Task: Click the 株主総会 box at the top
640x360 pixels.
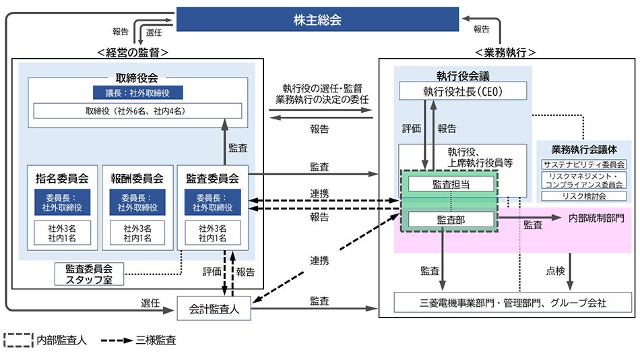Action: click(317, 20)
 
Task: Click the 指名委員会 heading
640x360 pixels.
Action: click(62, 179)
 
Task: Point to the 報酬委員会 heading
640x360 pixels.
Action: click(137, 179)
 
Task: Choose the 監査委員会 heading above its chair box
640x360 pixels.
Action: click(212, 179)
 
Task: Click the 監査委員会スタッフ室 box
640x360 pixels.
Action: click(90, 273)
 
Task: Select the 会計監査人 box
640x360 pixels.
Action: click(213, 309)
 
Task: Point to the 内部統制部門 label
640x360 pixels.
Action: click(596, 218)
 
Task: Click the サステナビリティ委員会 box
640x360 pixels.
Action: click(584, 164)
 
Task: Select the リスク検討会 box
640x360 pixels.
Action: click(584, 196)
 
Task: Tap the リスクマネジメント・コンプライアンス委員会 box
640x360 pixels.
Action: click(584, 180)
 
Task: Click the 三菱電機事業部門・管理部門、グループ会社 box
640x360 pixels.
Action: click(513, 303)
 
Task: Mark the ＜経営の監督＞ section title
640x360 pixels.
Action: click(132, 52)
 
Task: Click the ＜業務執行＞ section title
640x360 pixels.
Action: click(505, 52)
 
